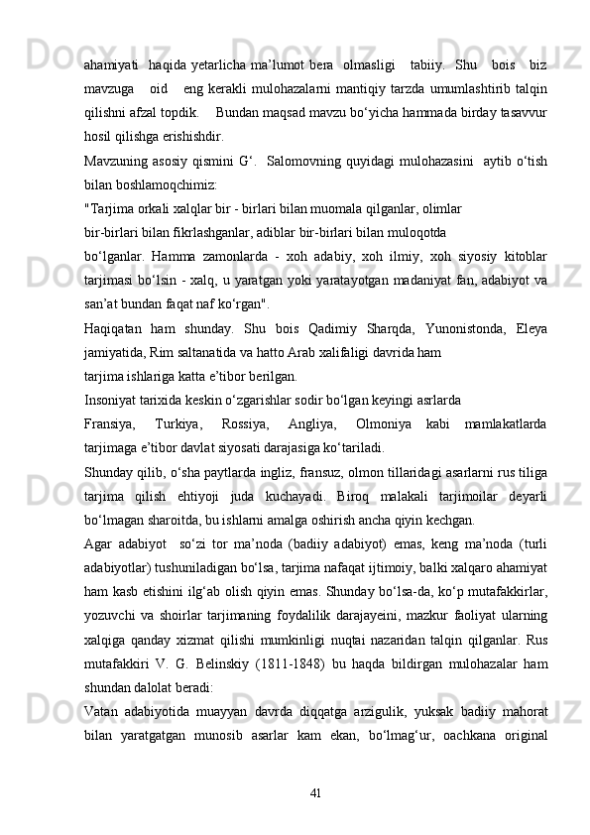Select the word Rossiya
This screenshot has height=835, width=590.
click(x=279, y=423)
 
